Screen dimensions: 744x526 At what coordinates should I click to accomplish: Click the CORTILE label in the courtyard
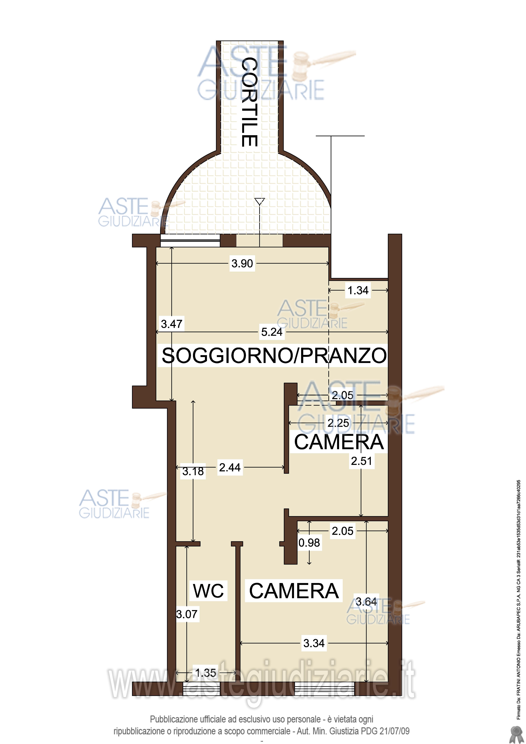(x=250, y=102)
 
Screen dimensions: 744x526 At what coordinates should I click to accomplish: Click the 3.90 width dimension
(x=242, y=263)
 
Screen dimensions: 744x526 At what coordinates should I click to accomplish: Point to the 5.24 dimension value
(x=272, y=332)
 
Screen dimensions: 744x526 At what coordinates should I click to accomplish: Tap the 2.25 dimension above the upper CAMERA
(x=338, y=423)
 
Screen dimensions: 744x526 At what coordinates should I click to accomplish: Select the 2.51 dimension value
(x=361, y=461)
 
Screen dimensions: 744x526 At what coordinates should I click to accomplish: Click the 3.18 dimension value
(x=193, y=471)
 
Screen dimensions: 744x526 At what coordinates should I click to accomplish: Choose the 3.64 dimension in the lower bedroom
(x=366, y=602)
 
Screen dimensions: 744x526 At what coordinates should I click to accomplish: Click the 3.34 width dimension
(x=314, y=643)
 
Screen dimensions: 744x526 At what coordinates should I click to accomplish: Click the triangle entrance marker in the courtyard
(x=260, y=202)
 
